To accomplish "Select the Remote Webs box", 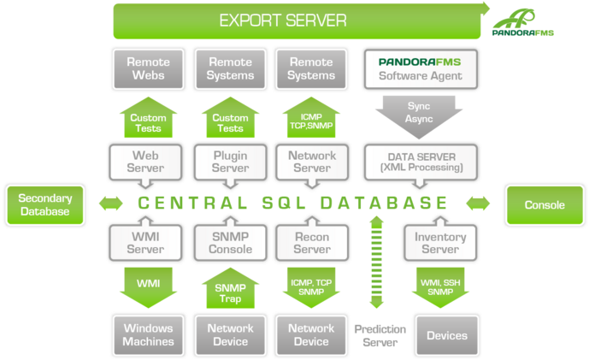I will point(148,68).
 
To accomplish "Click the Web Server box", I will point(145,162).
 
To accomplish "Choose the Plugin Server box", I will point(229,162).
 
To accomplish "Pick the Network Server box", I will point(311,162).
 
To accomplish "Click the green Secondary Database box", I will point(44,204).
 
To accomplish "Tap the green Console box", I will point(545,204).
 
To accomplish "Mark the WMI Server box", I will point(145,243).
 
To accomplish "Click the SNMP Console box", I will point(229,243).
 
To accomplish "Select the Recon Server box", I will point(311,243).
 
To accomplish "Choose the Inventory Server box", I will point(440,243).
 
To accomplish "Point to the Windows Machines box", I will point(148,333).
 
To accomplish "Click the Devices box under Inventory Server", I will point(446,334).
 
